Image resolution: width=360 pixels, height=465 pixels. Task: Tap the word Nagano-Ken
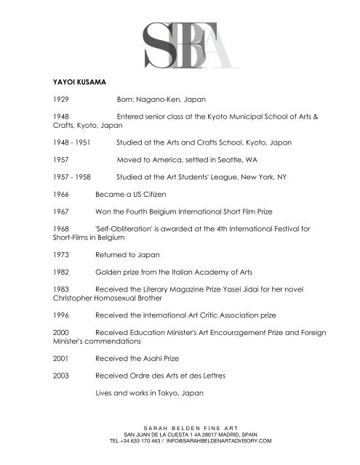[164, 116]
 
